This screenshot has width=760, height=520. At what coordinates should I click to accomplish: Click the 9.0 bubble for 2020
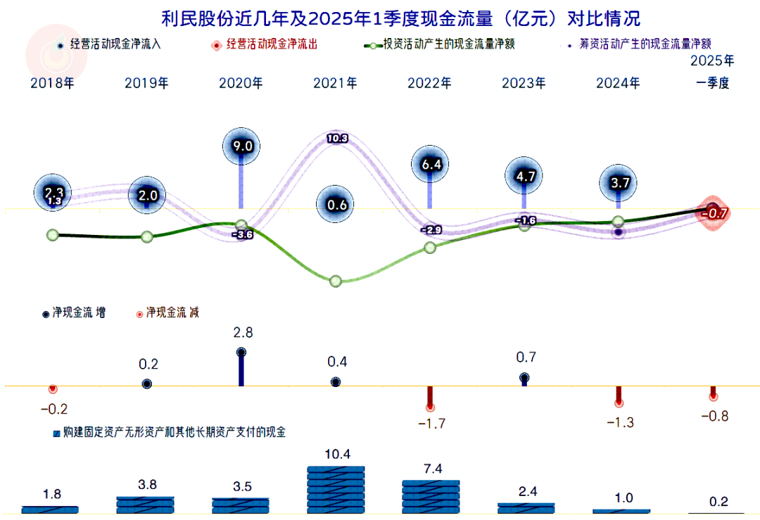coord(241,147)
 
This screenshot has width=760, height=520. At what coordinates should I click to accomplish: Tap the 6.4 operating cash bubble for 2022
coord(430,165)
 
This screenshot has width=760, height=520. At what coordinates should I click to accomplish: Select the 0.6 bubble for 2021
coord(336,205)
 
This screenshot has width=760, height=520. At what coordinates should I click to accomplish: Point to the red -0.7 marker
coord(714,211)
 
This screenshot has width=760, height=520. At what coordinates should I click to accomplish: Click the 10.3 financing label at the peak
coord(337,139)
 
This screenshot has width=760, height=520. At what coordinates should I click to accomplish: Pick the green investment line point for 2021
coord(336,281)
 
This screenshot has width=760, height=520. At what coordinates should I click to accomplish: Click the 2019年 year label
coord(146,83)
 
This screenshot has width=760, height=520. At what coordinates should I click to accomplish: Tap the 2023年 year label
coord(524,83)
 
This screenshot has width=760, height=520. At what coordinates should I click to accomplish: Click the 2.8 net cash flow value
coord(242,332)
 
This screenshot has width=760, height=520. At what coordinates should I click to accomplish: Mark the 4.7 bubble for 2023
coord(525,177)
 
